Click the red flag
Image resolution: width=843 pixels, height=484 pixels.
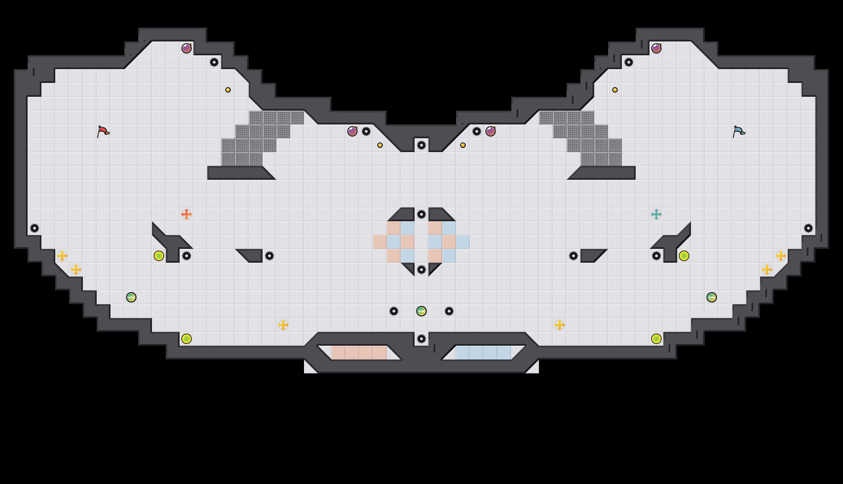point(103,131)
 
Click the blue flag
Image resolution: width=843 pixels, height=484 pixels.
point(739,131)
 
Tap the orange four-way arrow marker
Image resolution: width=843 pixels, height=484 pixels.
point(187,214)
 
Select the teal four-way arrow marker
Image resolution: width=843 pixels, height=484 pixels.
point(656,214)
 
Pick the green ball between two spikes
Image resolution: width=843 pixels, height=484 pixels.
point(421,311)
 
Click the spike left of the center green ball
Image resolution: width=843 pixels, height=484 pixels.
point(394,311)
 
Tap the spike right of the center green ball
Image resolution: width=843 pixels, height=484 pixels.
point(449,311)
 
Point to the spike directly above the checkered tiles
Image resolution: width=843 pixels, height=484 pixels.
point(421,214)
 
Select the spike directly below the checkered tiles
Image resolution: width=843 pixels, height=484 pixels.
point(421,270)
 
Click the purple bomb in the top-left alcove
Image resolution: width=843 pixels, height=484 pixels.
point(187,48)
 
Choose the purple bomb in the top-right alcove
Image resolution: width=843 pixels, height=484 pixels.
point(656,48)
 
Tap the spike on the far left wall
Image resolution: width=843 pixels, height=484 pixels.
point(35,228)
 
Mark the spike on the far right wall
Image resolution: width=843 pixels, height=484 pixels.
point(808,228)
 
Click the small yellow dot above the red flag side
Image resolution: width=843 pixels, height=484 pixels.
point(228,90)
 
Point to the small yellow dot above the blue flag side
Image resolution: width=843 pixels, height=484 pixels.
point(615,90)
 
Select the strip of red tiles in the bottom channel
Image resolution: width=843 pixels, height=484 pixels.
point(359,353)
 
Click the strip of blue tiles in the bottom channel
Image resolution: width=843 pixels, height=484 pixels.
point(484,353)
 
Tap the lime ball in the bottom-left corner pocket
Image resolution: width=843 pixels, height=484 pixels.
point(187,339)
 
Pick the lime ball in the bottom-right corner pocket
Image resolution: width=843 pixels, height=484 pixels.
point(656,339)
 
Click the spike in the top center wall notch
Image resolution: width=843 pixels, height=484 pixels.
point(421,145)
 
